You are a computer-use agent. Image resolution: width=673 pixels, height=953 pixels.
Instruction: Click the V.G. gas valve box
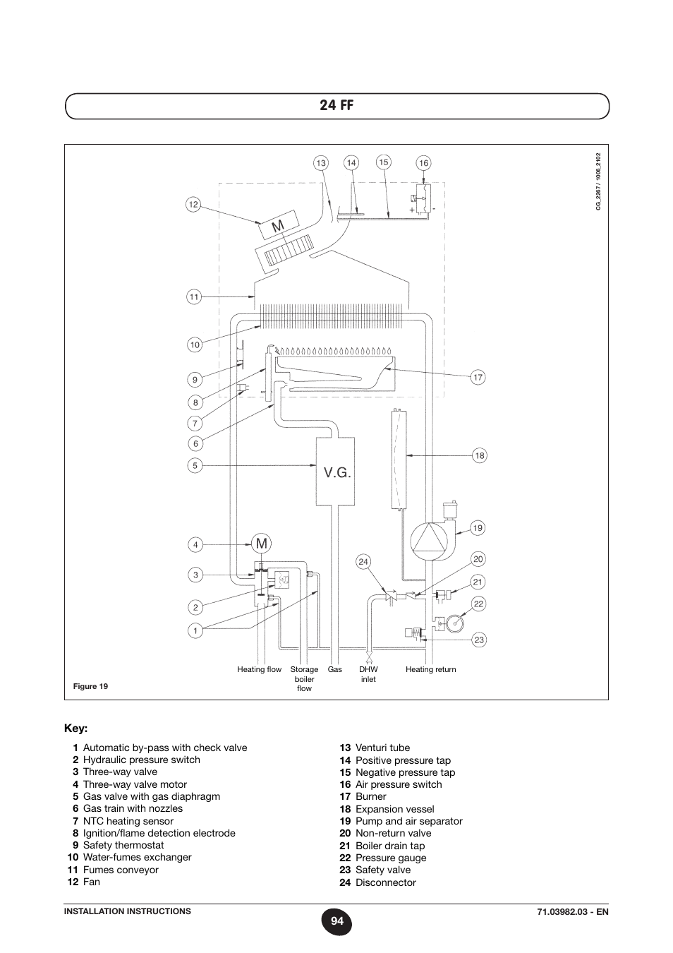click(x=335, y=472)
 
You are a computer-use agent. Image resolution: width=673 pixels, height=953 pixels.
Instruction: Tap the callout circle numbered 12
click(x=193, y=205)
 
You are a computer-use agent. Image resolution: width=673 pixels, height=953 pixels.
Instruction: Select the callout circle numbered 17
click(x=478, y=377)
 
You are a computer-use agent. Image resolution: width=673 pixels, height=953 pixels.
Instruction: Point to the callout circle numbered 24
click(x=363, y=562)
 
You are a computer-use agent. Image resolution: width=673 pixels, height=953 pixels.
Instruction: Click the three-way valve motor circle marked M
click(x=262, y=544)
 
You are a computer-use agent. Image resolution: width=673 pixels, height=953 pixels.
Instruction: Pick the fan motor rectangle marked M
click(x=279, y=225)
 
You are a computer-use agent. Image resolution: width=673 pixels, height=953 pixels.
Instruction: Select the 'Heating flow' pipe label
click(x=260, y=669)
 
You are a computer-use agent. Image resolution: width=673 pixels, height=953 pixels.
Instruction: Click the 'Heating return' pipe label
click(x=430, y=669)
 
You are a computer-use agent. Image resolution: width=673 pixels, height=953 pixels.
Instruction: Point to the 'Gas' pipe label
click(x=334, y=669)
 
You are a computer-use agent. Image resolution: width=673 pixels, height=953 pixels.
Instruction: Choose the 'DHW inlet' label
click(x=368, y=674)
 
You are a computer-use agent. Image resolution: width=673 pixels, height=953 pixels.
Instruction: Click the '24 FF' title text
click(x=336, y=105)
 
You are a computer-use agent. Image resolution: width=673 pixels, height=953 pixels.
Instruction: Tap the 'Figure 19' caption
click(x=90, y=686)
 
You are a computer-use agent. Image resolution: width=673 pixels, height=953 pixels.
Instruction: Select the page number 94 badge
click(x=336, y=921)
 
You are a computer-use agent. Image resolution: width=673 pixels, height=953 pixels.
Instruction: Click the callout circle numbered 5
click(x=195, y=465)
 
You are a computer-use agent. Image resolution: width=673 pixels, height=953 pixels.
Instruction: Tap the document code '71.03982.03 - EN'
click(x=573, y=911)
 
